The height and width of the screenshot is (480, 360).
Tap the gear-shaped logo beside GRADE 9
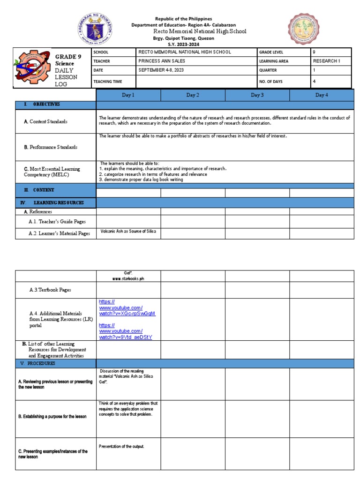pyautogui.click(x=32, y=69)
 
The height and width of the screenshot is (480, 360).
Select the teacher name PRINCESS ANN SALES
pyautogui.click(x=162, y=61)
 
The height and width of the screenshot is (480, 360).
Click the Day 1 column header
pyautogui.click(x=128, y=95)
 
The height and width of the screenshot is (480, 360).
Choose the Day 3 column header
pyautogui.click(x=257, y=95)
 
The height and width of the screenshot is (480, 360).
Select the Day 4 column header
pyautogui.click(x=322, y=95)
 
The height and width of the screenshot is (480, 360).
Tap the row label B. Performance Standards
pyautogui.click(x=51, y=147)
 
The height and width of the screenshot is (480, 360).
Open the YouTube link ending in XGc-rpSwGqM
pyautogui.click(x=127, y=307)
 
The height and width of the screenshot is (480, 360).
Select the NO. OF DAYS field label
pyautogui.click(x=274, y=81)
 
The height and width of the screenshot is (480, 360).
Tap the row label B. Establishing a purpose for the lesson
pyautogui.click(x=52, y=417)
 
